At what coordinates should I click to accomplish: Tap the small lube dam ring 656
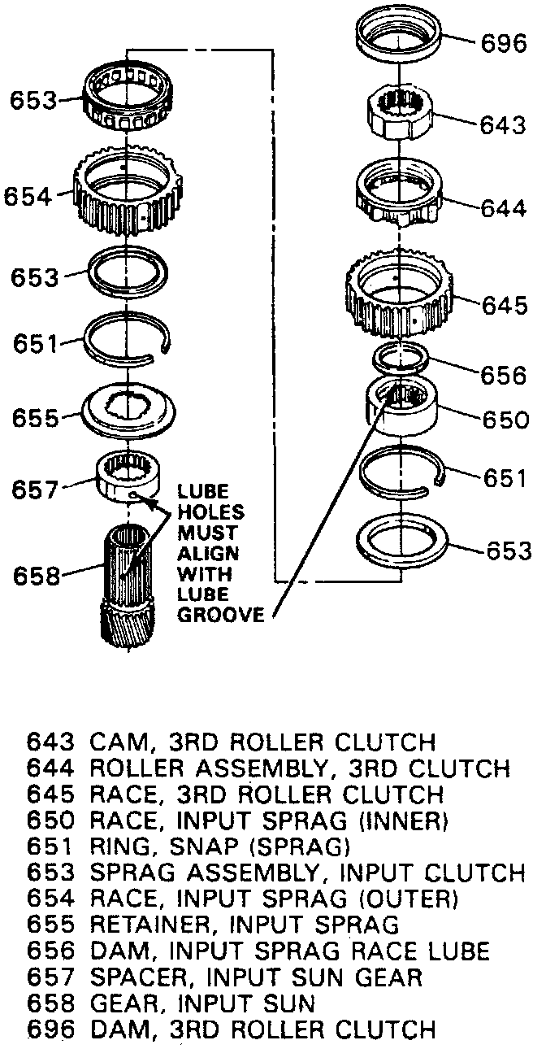point(400,356)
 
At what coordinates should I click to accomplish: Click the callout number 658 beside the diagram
point(37,577)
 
